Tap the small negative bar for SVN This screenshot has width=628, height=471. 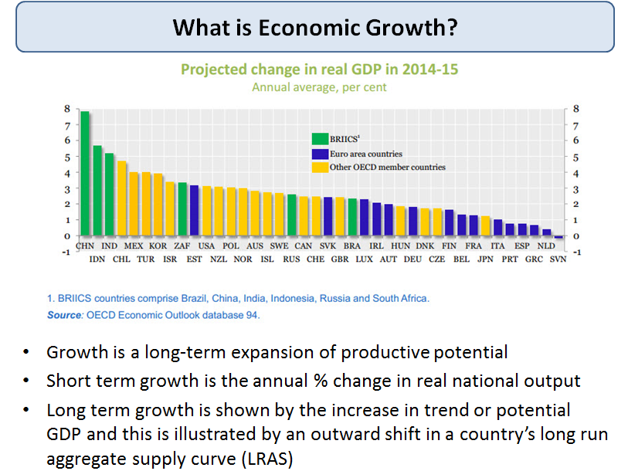tap(558, 238)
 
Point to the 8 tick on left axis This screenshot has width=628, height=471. tap(67, 109)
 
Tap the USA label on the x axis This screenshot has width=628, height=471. tap(207, 246)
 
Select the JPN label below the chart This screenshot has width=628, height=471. tap(485, 259)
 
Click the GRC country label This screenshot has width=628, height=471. tap(534, 259)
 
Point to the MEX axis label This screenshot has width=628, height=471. tap(134, 246)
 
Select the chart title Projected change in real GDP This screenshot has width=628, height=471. tap(319, 69)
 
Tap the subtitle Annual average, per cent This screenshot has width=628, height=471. tap(319, 87)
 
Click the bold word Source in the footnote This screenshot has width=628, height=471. tap(64, 315)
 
